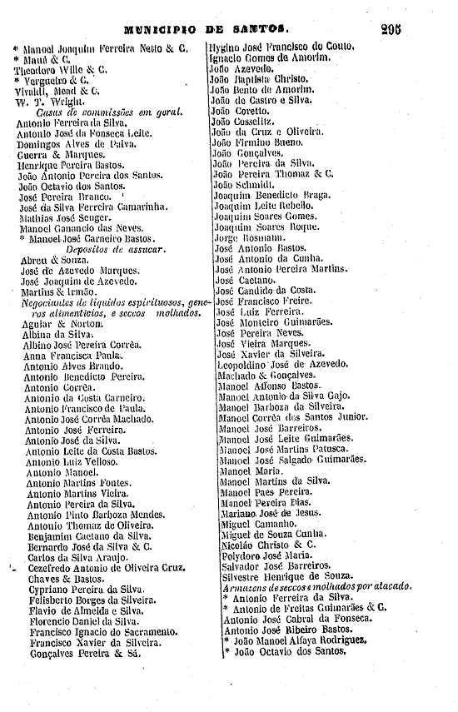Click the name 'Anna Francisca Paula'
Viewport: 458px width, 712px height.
[72, 354]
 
